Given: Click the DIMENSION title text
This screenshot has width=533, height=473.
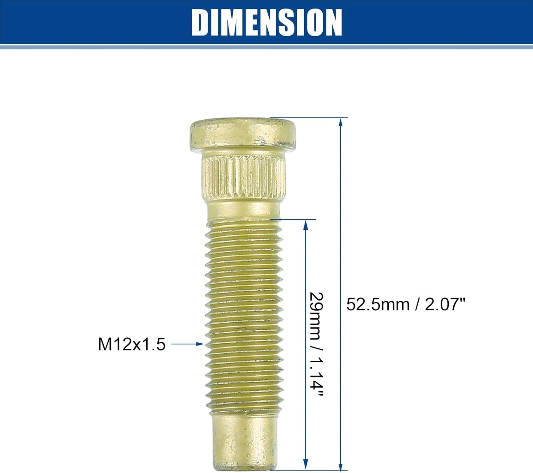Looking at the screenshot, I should (x=266, y=22).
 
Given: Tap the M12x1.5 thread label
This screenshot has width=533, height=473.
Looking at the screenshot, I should (x=131, y=344).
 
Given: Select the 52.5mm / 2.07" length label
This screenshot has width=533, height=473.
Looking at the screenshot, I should (x=405, y=305).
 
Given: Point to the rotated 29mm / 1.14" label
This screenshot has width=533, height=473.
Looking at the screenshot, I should (x=316, y=344).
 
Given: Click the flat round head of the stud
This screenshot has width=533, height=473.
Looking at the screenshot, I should (x=243, y=134).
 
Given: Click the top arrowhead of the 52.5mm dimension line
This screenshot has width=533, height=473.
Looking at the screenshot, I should (x=340, y=123).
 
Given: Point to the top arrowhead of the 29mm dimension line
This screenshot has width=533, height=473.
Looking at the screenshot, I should (x=305, y=225).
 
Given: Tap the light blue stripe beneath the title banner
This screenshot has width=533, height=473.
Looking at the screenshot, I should (x=266, y=47).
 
